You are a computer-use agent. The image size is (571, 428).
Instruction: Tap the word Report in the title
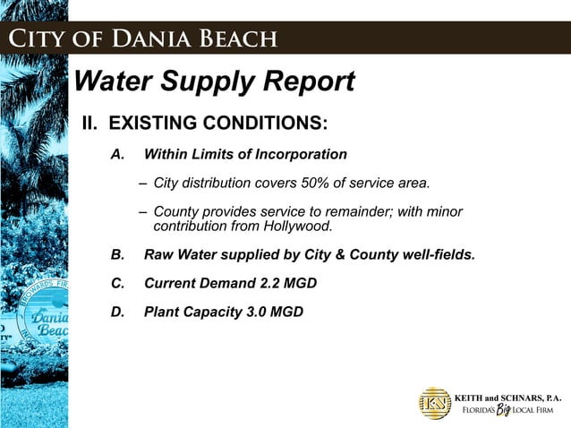(303, 82)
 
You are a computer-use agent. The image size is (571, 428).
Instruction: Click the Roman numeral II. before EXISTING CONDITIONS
(91, 123)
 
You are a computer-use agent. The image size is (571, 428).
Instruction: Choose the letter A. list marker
(116, 155)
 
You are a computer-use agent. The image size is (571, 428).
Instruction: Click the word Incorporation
(301, 155)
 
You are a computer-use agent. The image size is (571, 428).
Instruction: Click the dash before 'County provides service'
(143, 211)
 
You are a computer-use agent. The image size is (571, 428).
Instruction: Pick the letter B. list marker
(116, 255)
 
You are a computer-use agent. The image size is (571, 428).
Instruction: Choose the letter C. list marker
(116, 284)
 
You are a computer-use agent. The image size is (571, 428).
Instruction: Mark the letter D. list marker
(116, 312)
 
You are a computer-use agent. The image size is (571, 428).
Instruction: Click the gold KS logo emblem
(435, 403)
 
